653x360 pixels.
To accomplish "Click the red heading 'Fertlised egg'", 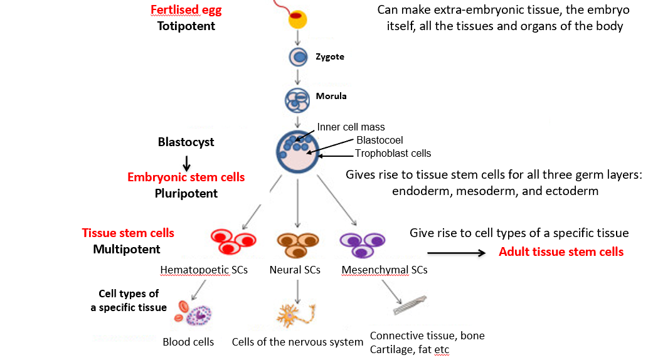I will coord(186,11).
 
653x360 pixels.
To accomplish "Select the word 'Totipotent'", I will coord(186,26).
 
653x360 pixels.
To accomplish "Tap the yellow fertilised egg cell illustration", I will coord(297,19).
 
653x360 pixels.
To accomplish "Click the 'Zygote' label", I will coord(329,57).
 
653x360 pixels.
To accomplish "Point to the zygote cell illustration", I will coord(298,58).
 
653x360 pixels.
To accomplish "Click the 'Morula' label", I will coord(331,97).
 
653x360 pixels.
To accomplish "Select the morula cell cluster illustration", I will coord(297,98).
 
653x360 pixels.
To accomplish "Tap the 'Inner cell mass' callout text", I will coord(351,127).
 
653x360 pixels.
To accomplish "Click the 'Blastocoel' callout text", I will coord(379,140).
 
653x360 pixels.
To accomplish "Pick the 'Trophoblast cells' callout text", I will coord(393,153).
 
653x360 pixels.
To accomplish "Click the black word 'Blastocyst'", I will coord(186,142).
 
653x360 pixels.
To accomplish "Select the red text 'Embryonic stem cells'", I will coord(186,177).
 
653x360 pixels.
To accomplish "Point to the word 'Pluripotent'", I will coord(186,194).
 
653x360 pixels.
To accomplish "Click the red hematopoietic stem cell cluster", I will coord(231,241).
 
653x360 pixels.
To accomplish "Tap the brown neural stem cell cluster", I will coord(297,243).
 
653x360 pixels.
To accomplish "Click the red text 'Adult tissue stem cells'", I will coord(561,252).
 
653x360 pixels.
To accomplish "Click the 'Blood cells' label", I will coord(188,342).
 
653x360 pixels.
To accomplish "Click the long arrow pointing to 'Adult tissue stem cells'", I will coord(456,253).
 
